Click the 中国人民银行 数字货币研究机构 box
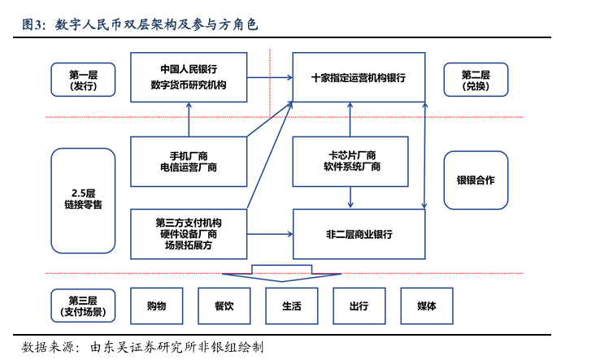[189, 77]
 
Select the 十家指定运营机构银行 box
[359, 77]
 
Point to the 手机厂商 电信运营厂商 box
[189, 161]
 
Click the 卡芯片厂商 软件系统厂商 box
[350, 161]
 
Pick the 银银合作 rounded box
[476, 180]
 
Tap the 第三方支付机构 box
[189, 234]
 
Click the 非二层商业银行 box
[359, 234]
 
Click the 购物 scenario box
[157, 306]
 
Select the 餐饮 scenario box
[224, 306]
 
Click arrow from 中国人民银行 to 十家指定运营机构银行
[270, 78]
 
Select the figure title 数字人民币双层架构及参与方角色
[155, 25]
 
